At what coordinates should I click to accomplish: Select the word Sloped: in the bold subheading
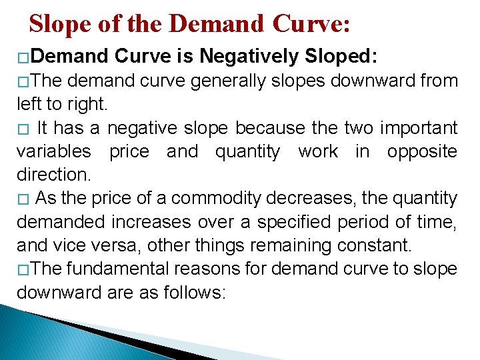(341, 57)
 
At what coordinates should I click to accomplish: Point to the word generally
(220, 81)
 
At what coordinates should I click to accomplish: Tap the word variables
(53, 151)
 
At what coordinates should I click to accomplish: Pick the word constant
(371, 245)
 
